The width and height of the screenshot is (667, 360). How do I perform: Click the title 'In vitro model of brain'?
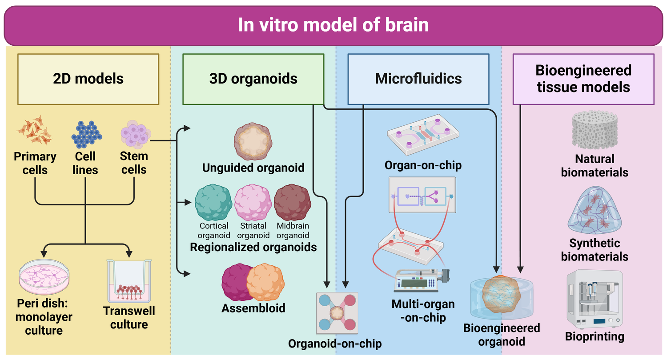click(333, 25)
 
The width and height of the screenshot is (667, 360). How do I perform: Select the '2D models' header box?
click(88, 79)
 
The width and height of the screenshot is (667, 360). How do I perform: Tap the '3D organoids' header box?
click(253, 79)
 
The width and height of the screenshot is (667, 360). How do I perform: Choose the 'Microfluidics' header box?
click(418, 79)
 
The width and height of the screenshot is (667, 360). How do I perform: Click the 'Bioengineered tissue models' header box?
click(583, 79)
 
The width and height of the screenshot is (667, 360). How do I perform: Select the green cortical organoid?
click(213, 203)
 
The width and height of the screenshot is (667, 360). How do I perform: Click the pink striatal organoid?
click(253, 203)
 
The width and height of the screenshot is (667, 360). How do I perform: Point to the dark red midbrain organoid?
click(292, 203)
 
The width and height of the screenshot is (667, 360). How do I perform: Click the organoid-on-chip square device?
click(337, 313)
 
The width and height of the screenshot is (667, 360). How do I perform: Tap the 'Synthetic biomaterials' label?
click(595, 250)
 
